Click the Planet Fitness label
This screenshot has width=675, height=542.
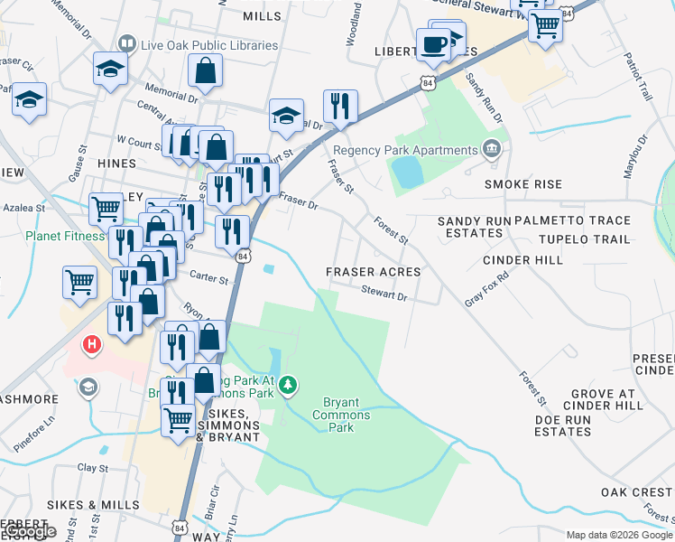pyautogui.click(x=66, y=237)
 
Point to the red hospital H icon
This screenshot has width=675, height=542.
pyautogui.click(x=91, y=344)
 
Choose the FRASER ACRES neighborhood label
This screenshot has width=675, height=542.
pyautogui.click(x=373, y=272)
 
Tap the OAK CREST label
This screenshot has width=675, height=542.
pyautogui.click(x=637, y=492)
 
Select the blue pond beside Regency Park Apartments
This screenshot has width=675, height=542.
pyautogui.click(x=408, y=172)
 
